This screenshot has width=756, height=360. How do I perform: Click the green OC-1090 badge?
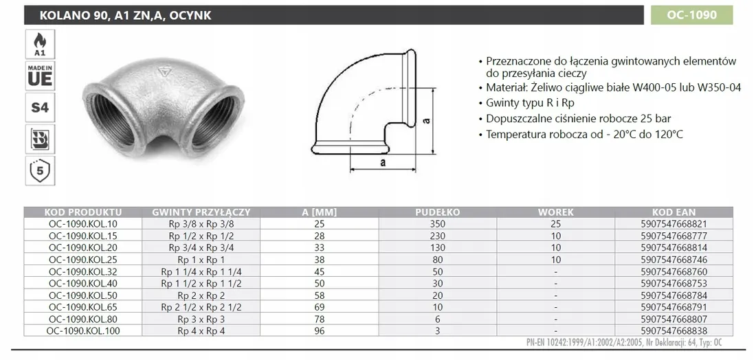(692, 15)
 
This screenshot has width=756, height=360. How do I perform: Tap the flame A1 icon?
(40, 45)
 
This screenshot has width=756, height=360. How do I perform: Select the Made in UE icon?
(40, 76)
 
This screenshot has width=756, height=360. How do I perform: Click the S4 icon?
(40, 107)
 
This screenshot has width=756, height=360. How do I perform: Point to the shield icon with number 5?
(40, 170)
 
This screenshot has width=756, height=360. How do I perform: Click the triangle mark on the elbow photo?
(165, 73)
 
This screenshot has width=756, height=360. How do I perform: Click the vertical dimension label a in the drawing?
(426, 120)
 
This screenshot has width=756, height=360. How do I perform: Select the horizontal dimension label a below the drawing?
(383, 162)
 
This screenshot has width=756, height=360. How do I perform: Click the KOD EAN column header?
(674, 212)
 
